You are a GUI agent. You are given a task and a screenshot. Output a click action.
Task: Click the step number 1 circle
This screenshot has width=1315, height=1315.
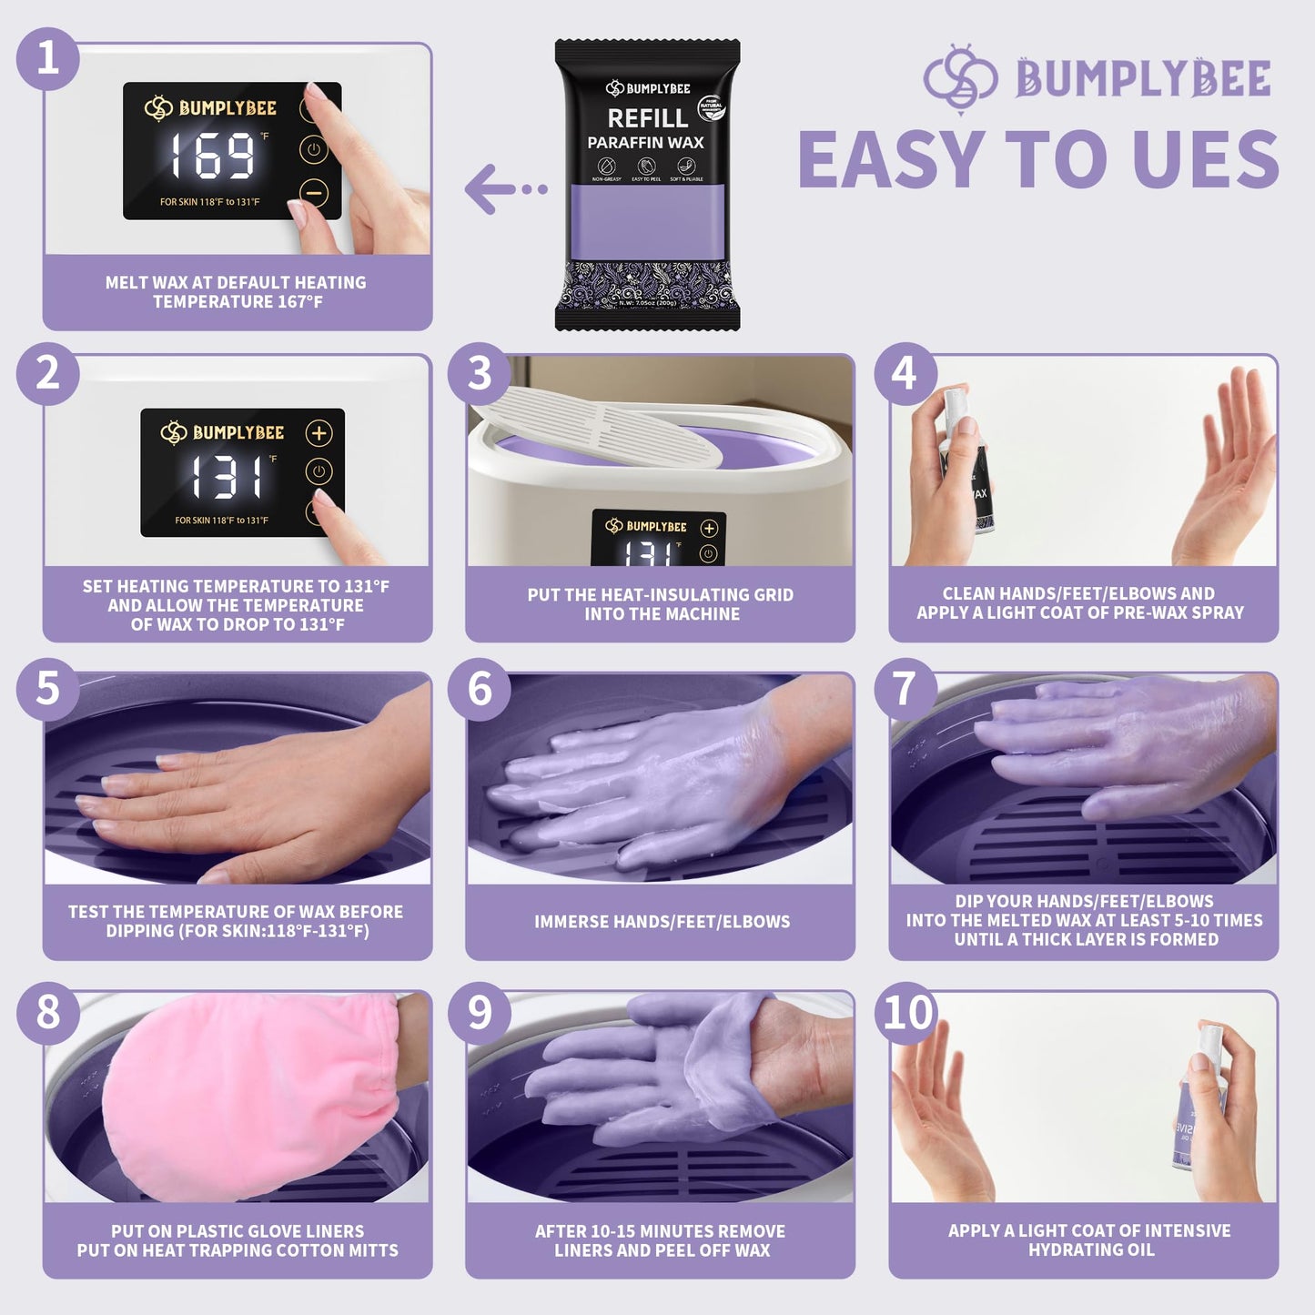click(x=47, y=59)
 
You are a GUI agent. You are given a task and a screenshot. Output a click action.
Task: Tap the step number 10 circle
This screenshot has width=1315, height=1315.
click(x=906, y=1013)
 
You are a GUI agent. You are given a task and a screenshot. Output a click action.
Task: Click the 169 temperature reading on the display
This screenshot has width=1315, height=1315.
click(x=212, y=155)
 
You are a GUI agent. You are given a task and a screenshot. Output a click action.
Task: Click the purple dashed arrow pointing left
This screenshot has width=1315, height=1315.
click(x=504, y=189)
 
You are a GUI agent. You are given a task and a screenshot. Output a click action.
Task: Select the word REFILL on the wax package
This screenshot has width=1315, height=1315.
click(x=647, y=118)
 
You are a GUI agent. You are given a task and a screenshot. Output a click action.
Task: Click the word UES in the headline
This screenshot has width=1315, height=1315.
click(x=1206, y=160)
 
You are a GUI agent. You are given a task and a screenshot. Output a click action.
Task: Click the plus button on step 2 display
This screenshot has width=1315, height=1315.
click(x=319, y=433)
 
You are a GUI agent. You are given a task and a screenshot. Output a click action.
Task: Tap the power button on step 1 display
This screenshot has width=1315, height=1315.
click(x=314, y=150)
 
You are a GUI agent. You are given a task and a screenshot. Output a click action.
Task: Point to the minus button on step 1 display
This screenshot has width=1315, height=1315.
click(x=314, y=193)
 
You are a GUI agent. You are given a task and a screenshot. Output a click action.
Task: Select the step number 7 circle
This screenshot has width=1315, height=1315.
click(x=905, y=689)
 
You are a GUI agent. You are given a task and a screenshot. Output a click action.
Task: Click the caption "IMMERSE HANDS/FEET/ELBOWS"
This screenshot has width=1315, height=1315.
click(x=662, y=922)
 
